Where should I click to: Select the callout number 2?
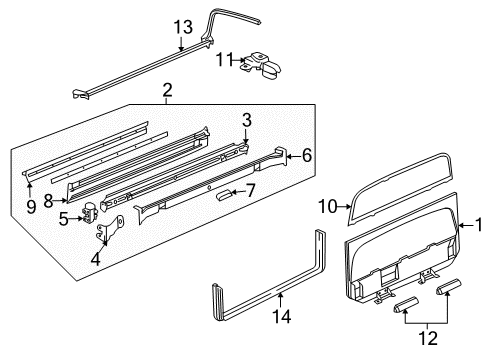168,92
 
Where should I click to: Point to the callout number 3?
246,120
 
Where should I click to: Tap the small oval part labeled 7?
224,197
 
